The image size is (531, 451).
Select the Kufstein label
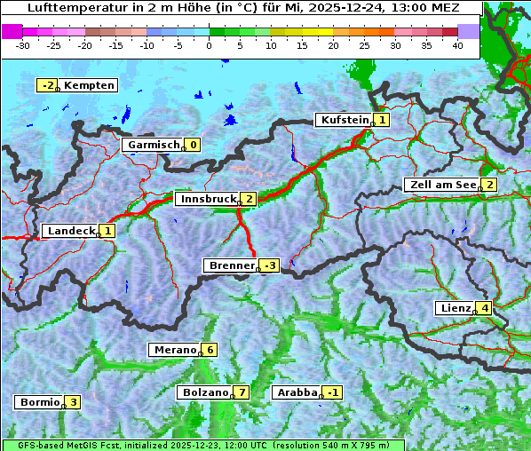coord(344,120)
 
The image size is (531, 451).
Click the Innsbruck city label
coord(207,199)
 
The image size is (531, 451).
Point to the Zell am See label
coord(441,185)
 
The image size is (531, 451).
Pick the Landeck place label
coord(70,231)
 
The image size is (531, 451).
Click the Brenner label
coord(231,265)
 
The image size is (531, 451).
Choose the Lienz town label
coord(455,308)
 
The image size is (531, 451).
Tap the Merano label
coord(175,350)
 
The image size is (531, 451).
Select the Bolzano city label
coord(205,392)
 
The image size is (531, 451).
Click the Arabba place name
coord(297,392)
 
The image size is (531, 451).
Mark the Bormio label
coord(40,402)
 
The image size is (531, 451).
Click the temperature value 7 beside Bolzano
coord(242,392)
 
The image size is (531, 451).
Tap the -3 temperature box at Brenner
coord(270,265)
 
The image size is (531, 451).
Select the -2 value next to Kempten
coord(47,85)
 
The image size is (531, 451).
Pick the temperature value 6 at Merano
coord(210,350)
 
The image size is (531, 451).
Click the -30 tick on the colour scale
coord(23,45)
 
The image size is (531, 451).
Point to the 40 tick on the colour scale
coord(457,45)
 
